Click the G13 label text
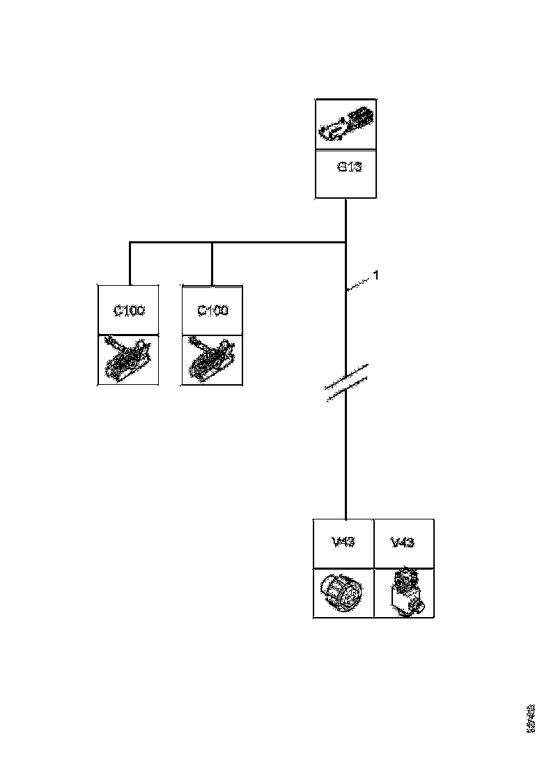(349, 167)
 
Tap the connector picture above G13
(346, 124)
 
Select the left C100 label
(130, 311)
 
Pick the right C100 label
(212, 311)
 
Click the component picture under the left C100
(128, 359)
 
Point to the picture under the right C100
(212, 359)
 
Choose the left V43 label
(343, 542)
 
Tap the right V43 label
(403, 542)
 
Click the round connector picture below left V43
(343, 592)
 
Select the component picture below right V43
(403, 592)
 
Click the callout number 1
(375, 275)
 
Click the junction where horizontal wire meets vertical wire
(346, 243)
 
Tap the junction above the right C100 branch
(212, 243)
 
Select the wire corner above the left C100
(130, 243)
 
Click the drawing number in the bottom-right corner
(532, 718)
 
